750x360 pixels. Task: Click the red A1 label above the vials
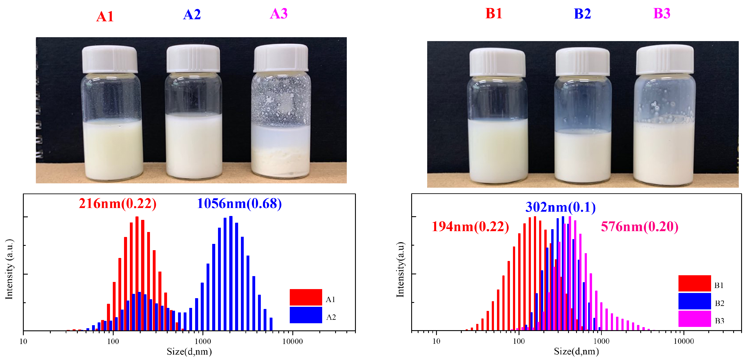(x=105, y=17)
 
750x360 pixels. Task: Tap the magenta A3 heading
(x=279, y=14)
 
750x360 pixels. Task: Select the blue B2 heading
(x=582, y=14)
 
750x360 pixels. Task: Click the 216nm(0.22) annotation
(x=118, y=203)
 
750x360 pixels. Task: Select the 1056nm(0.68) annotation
(x=239, y=203)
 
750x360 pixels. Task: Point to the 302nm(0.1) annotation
(x=561, y=207)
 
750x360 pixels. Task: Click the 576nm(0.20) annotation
(x=640, y=227)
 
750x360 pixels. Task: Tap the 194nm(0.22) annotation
(x=470, y=227)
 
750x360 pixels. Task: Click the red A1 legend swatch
(x=306, y=297)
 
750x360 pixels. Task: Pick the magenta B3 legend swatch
(x=694, y=319)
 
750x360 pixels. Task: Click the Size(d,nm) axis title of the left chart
(x=189, y=352)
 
